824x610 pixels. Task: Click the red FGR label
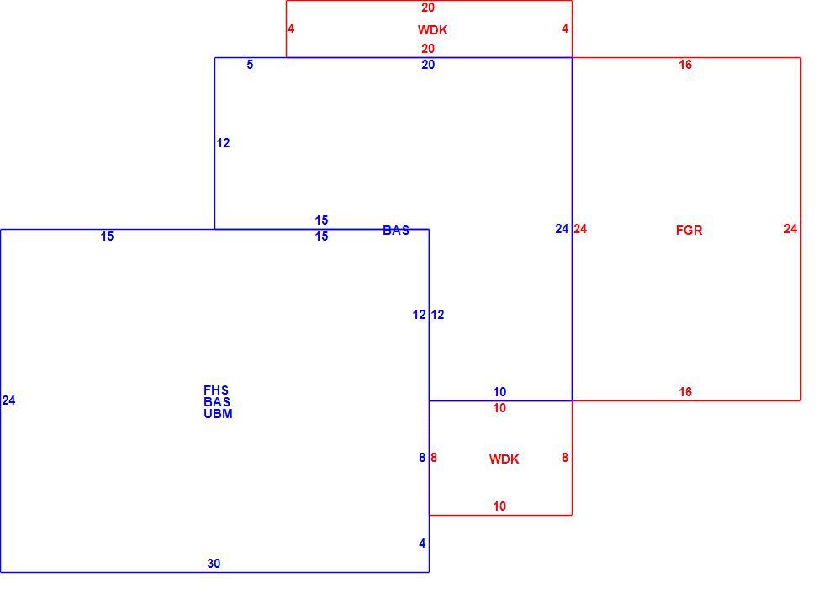coord(689,231)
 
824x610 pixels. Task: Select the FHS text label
coord(216,390)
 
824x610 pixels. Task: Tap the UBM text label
coord(218,414)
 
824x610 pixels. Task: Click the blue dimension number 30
coord(214,564)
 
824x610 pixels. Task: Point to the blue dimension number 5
coord(250,65)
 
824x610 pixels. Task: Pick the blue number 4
coord(422,544)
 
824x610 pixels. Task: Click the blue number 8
coord(422,458)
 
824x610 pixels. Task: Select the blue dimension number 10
coord(499,392)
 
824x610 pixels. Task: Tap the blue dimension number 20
coord(428,65)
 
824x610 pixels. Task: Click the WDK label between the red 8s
coord(504,459)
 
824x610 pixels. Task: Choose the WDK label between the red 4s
coord(432,30)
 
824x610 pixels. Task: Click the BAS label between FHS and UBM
coord(217,402)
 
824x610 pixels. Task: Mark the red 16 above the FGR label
coord(685,65)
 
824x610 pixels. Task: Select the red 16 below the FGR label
coord(685,392)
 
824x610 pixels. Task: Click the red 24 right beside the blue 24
coord(580,229)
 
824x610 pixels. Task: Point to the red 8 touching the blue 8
coord(434,458)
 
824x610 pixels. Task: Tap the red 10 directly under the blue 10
coord(499,408)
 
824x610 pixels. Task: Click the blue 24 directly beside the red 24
coord(562,229)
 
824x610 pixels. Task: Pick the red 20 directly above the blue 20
coord(428,49)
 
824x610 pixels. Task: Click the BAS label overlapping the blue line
coord(396,231)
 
